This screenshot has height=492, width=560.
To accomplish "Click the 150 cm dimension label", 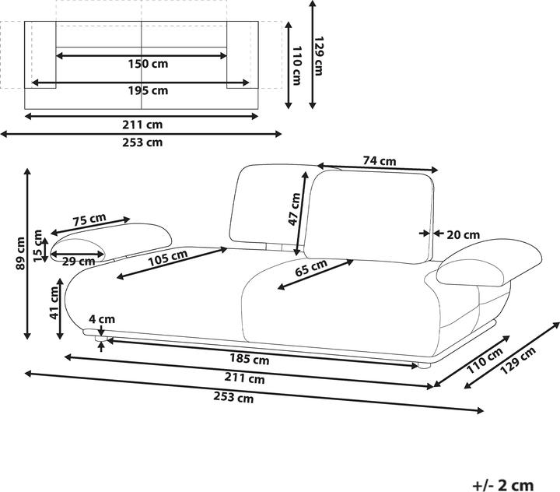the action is [x=148, y=64].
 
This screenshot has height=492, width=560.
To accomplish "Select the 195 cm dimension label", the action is [x=148, y=90].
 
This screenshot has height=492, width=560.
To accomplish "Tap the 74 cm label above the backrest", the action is [x=380, y=161].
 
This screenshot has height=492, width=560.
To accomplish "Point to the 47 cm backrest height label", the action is [x=295, y=209].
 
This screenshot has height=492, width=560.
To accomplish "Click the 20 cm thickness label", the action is [x=464, y=235].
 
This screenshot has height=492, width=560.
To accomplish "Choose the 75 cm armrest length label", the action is [x=89, y=220].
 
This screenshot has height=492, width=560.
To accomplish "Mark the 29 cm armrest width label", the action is [x=79, y=262].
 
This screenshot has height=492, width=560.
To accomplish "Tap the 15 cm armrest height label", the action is [x=37, y=246].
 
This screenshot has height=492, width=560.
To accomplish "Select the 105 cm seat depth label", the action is [x=168, y=258].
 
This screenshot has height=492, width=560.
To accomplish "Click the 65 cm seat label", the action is [x=311, y=268].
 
